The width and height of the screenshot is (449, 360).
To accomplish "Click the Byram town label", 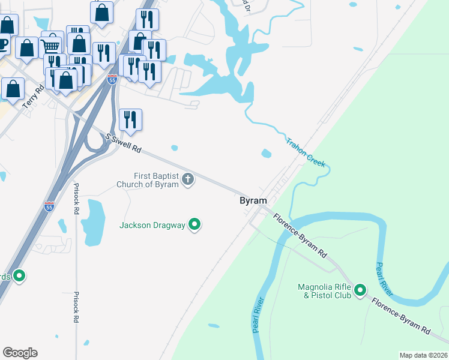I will click(253, 201).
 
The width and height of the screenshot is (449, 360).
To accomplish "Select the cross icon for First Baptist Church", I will click(188, 179).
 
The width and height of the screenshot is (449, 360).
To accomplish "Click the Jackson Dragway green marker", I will click(194, 225).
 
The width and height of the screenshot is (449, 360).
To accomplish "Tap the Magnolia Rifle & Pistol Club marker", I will click(360, 291).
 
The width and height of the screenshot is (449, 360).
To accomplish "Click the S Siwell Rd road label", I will click(123, 142).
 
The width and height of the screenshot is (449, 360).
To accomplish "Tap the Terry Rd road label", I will click(33, 97).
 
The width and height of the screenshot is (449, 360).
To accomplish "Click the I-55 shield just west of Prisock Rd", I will click(49, 206).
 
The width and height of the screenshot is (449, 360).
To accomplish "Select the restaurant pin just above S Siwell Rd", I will click(130, 119).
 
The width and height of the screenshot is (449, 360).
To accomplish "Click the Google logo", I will click(20, 353).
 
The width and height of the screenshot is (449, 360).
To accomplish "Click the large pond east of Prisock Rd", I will click(93, 222).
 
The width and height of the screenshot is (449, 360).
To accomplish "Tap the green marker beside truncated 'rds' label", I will click(19, 276).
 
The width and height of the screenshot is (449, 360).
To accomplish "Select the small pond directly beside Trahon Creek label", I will click(266, 154).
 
